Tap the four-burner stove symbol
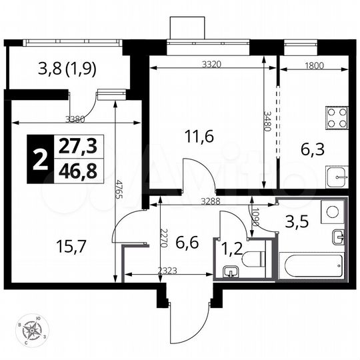(337, 118)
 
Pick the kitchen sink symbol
(337, 177)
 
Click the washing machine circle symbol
(332, 211)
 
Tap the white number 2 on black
(39, 160)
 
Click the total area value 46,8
(77, 171)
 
